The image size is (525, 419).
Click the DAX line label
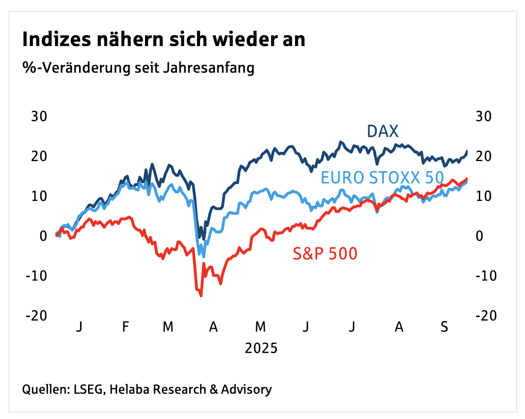383,131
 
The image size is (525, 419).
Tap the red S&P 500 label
325,254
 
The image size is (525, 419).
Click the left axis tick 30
39,116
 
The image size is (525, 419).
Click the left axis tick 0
43,236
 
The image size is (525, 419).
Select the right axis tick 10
484,196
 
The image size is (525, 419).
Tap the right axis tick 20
484,156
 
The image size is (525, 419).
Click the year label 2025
261,349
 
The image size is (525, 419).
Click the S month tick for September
444,326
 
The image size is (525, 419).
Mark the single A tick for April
213,326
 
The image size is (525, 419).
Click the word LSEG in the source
89,389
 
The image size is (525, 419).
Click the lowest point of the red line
201,296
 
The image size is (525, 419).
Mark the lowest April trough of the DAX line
204,239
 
